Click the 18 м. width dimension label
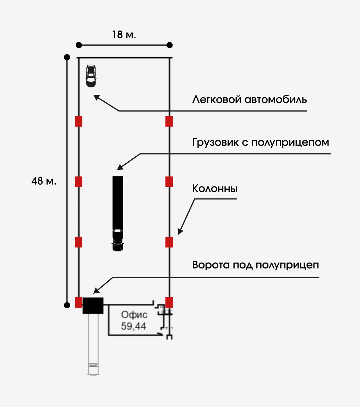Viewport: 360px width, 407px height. point(124,35)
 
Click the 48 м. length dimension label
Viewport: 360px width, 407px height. point(44,181)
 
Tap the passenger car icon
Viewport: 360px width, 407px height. point(91,76)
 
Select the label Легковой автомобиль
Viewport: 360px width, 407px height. point(250,99)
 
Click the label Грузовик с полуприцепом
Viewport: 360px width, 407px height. point(261,142)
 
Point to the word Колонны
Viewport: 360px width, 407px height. point(215,189)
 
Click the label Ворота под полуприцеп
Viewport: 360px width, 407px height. point(255,265)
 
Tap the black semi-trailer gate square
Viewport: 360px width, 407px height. point(93,305)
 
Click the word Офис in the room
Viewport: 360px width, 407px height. point(134,315)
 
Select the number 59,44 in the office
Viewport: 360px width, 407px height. point(134,326)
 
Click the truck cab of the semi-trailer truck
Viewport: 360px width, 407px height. point(118,241)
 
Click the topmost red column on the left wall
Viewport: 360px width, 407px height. point(79,121)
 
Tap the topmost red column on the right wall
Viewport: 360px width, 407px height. point(169,121)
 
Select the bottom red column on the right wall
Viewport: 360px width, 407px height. point(169,303)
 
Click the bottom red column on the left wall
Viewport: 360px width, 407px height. point(79,303)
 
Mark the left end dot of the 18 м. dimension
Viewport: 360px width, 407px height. point(79,45)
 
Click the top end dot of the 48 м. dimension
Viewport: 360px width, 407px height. point(67,57)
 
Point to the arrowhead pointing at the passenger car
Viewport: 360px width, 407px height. point(97,97)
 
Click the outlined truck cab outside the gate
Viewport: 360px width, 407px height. point(93,369)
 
